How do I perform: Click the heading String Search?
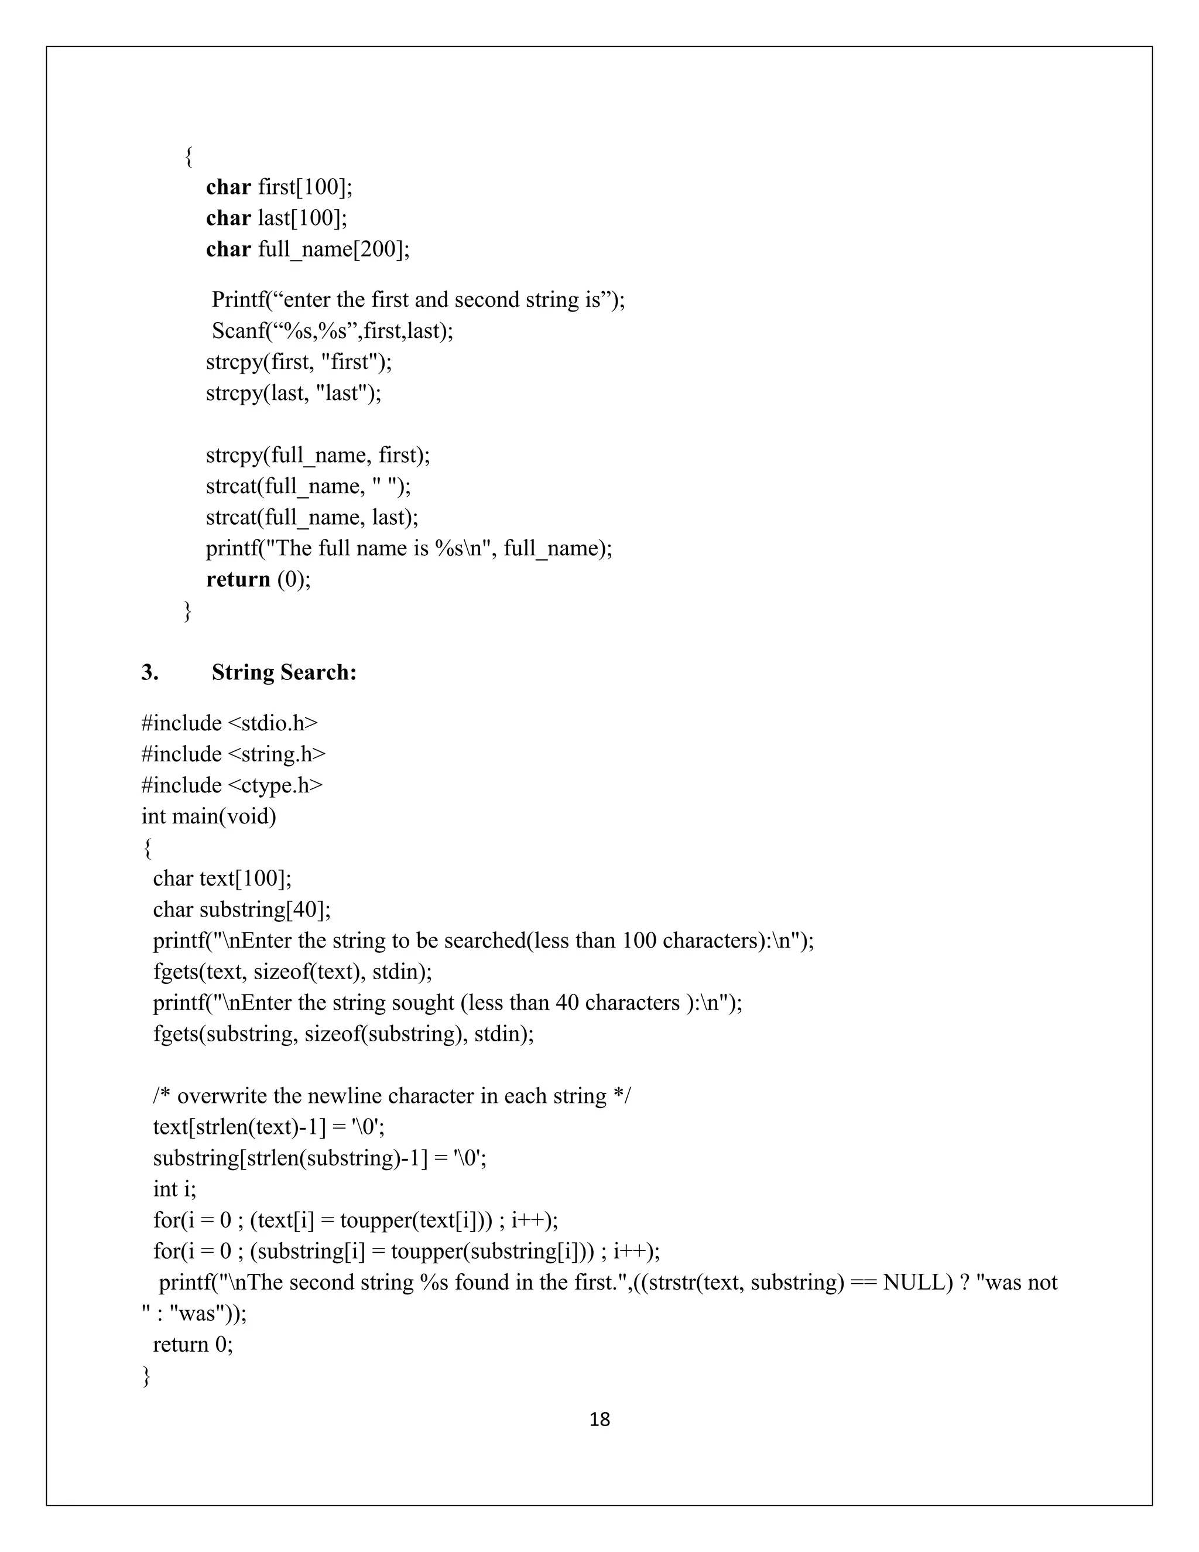283,672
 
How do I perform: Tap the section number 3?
149,672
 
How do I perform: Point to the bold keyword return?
238,579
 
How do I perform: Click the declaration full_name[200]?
334,249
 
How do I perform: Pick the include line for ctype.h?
232,785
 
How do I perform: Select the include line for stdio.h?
229,723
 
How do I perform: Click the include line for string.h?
233,754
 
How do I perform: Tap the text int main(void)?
209,816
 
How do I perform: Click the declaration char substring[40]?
242,910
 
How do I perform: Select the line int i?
174,1189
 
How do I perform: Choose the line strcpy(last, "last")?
293,393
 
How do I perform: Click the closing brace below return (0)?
187,610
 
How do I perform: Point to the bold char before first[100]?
228,187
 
